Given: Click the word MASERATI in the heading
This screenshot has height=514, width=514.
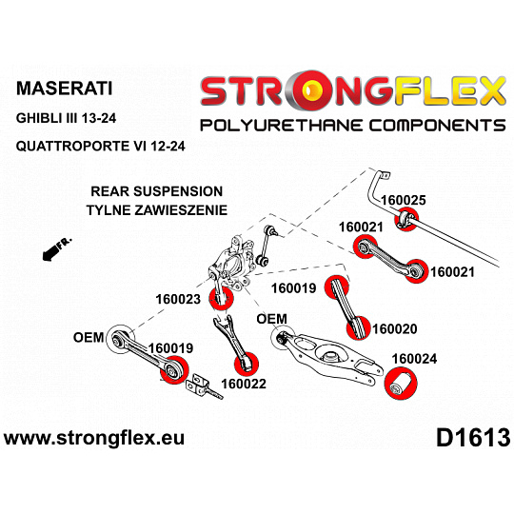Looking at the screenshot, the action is click(x=65, y=89).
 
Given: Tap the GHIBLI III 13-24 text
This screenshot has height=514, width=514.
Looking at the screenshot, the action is click(x=66, y=118).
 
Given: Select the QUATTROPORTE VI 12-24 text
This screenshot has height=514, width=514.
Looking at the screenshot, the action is click(x=101, y=146).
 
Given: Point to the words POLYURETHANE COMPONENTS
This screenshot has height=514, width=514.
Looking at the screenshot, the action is click(x=353, y=126).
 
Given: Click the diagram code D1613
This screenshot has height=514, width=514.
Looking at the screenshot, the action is click(x=473, y=438).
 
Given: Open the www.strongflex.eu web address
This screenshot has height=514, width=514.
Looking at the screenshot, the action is click(x=94, y=438).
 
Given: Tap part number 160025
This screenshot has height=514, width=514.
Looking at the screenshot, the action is click(x=404, y=200).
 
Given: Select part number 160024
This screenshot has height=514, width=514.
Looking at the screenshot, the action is click(x=414, y=359).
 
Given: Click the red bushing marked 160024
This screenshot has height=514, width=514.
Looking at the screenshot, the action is click(x=401, y=384).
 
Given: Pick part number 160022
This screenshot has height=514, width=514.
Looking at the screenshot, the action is click(x=244, y=384).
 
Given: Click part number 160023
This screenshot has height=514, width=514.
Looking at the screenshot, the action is click(x=178, y=299).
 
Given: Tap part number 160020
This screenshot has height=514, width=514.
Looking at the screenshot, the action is click(x=395, y=328).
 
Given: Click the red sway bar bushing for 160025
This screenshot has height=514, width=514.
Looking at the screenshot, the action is click(x=406, y=219).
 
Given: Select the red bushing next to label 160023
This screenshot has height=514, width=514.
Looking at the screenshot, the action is click(x=221, y=298).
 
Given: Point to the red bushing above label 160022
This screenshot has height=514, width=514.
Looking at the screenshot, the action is click(x=247, y=363).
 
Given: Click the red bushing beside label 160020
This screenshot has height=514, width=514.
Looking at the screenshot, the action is click(x=359, y=327).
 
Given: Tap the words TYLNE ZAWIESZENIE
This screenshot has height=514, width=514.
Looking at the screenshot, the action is click(x=157, y=210).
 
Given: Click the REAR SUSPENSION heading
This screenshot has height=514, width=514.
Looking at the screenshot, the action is click(x=157, y=191).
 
